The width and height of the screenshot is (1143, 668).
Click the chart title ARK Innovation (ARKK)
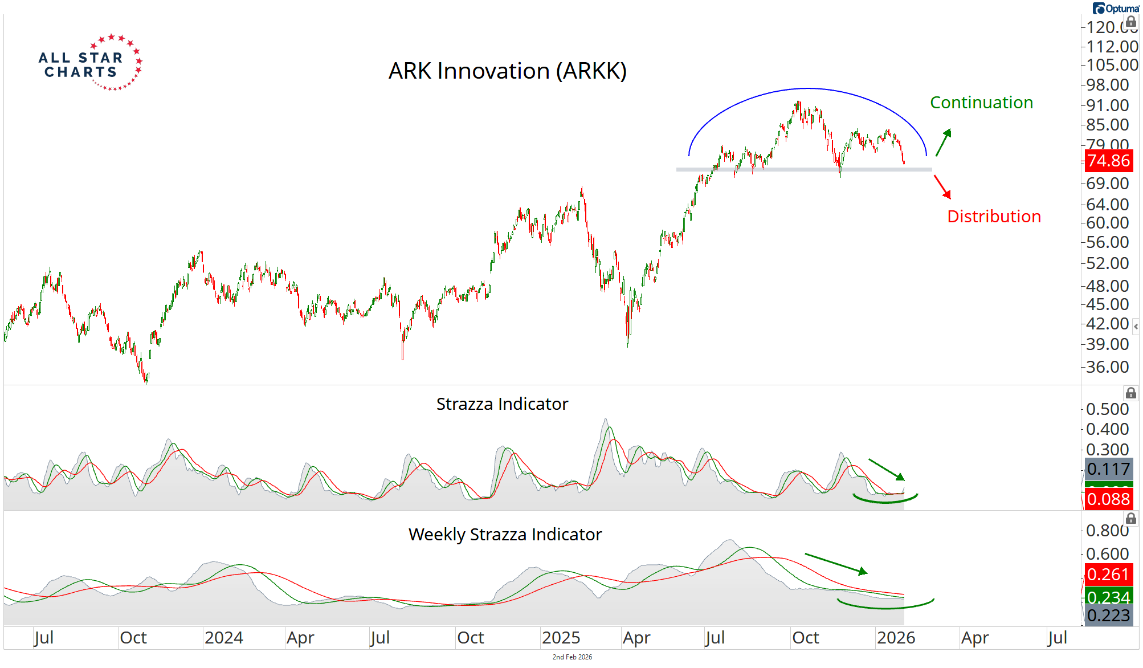[x=507, y=71]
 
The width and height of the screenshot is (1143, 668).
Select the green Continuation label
[x=981, y=103]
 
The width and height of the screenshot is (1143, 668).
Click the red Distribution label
[x=994, y=217]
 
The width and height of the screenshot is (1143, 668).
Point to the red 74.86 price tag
[x=1108, y=161]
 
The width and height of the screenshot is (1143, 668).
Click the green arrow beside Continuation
[x=944, y=142]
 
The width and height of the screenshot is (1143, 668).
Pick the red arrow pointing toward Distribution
[x=942, y=187]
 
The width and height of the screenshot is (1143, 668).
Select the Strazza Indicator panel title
[x=502, y=404]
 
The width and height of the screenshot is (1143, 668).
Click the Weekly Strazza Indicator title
[x=505, y=535]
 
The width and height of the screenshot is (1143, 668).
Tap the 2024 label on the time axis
[x=223, y=638]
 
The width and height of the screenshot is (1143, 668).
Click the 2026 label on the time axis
[x=896, y=638]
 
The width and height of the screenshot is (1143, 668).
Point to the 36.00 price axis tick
[x=1107, y=367]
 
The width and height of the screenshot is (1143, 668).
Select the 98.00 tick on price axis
[x=1107, y=85]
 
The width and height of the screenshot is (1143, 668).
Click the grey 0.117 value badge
[x=1108, y=469]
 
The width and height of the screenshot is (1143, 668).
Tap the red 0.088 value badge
[x=1108, y=499]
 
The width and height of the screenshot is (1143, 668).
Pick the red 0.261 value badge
[x=1108, y=575]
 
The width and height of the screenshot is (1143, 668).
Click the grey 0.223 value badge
[x=1108, y=616]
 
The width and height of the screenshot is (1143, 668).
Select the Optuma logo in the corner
[x=1115, y=9]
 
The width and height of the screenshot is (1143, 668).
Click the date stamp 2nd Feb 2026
[x=572, y=657]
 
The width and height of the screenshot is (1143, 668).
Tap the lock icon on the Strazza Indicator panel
[x=1130, y=393]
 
